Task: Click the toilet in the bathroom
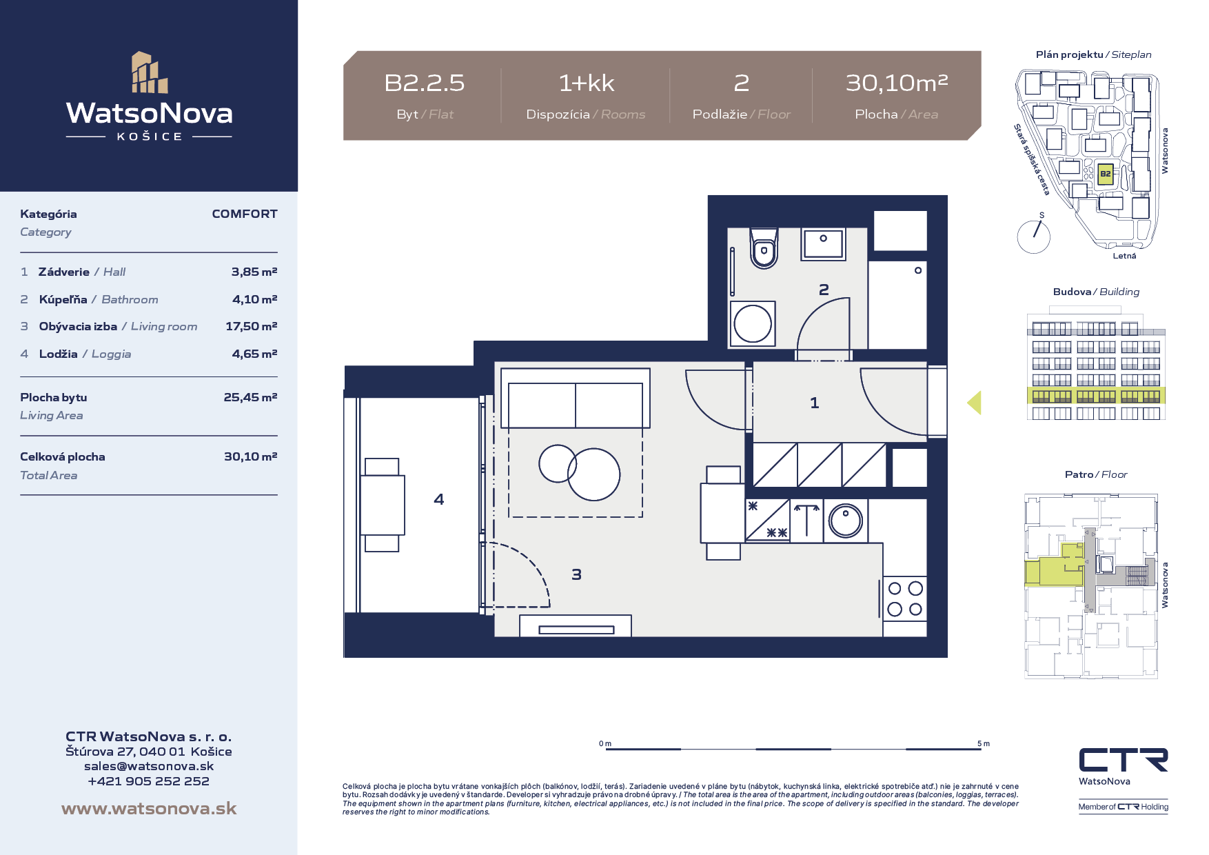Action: click(x=764, y=249)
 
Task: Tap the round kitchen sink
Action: click(x=846, y=521)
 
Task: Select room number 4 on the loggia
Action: click(x=439, y=499)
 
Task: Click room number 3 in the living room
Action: click(x=577, y=574)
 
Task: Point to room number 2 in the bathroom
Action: click(x=824, y=290)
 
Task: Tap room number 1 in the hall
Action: click(x=815, y=403)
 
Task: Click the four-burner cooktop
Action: click(x=905, y=598)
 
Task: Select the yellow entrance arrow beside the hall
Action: click(x=974, y=403)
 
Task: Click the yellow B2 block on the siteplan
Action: click(x=1105, y=174)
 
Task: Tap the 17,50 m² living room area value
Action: click(x=252, y=326)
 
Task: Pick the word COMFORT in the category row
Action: click(x=245, y=214)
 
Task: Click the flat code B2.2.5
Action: click(x=425, y=83)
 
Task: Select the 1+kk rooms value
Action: click(x=587, y=83)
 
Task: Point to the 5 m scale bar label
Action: click(x=984, y=743)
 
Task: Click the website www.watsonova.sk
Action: click(x=149, y=808)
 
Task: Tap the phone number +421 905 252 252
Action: click(x=149, y=781)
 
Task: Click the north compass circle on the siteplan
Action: click(x=1034, y=237)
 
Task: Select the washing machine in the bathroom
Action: click(x=753, y=323)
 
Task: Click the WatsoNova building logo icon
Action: click(x=150, y=72)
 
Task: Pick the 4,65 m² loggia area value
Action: click(x=255, y=354)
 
